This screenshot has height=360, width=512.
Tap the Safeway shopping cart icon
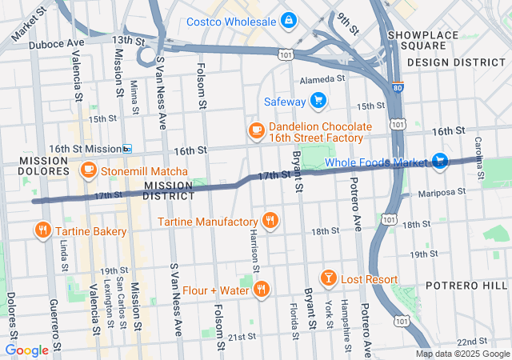(318, 102)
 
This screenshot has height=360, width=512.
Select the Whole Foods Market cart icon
(439, 162)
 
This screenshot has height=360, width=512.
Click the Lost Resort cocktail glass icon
(327, 278)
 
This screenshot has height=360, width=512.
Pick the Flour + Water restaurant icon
(261, 290)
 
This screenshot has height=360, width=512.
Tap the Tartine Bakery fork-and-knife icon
(42, 231)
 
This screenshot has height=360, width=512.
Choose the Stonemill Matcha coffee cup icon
(88, 171)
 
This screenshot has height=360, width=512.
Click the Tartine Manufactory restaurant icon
(270, 221)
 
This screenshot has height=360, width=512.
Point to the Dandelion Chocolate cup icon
(257, 132)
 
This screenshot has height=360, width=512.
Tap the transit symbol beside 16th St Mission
(127, 149)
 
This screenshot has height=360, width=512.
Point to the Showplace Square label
(424, 40)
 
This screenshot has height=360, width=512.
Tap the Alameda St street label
(322, 79)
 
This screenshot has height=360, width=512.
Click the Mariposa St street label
(439, 192)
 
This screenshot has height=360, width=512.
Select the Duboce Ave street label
(56, 45)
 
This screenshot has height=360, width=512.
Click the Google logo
(26, 350)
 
